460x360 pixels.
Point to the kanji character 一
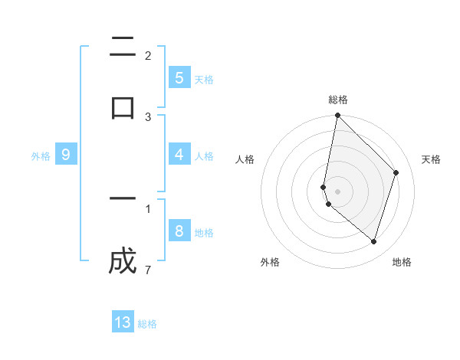(x=123, y=198)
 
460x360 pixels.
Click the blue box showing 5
(x=179, y=77)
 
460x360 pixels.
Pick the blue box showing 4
(x=179, y=155)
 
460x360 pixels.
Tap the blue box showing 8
(x=179, y=231)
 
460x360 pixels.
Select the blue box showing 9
(x=66, y=155)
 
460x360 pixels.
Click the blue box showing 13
(x=123, y=322)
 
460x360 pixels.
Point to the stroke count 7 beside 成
(x=147, y=270)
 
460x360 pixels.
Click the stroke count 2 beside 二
(x=147, y=55)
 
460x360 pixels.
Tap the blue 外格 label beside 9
(x=41, y=155)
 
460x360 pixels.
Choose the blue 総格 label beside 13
(x=147, y=324)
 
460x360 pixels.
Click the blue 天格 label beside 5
(x=204, y=79)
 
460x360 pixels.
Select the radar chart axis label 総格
(x=338, y=100)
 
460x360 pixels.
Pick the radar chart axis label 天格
(x=431, y=159)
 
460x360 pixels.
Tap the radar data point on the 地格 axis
(x=374, y=241)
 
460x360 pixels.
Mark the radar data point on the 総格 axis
(x=337, y=115)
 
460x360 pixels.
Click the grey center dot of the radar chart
(x=337, y=191)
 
